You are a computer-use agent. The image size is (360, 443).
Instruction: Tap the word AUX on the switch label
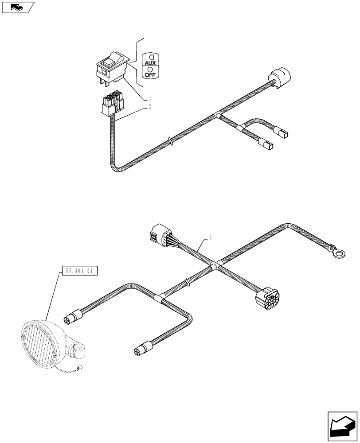click(x=150, y=63)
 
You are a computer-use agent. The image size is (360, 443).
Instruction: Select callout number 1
click(x=150, y=98)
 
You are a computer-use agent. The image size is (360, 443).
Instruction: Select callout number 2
click(x=150, y=107)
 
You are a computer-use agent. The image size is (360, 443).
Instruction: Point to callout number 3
click(x=210, y=238)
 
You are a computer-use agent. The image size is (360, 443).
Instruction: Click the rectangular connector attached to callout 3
click(x=158, y=234)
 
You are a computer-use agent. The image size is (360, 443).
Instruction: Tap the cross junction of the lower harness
click(x=214, y=266)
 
